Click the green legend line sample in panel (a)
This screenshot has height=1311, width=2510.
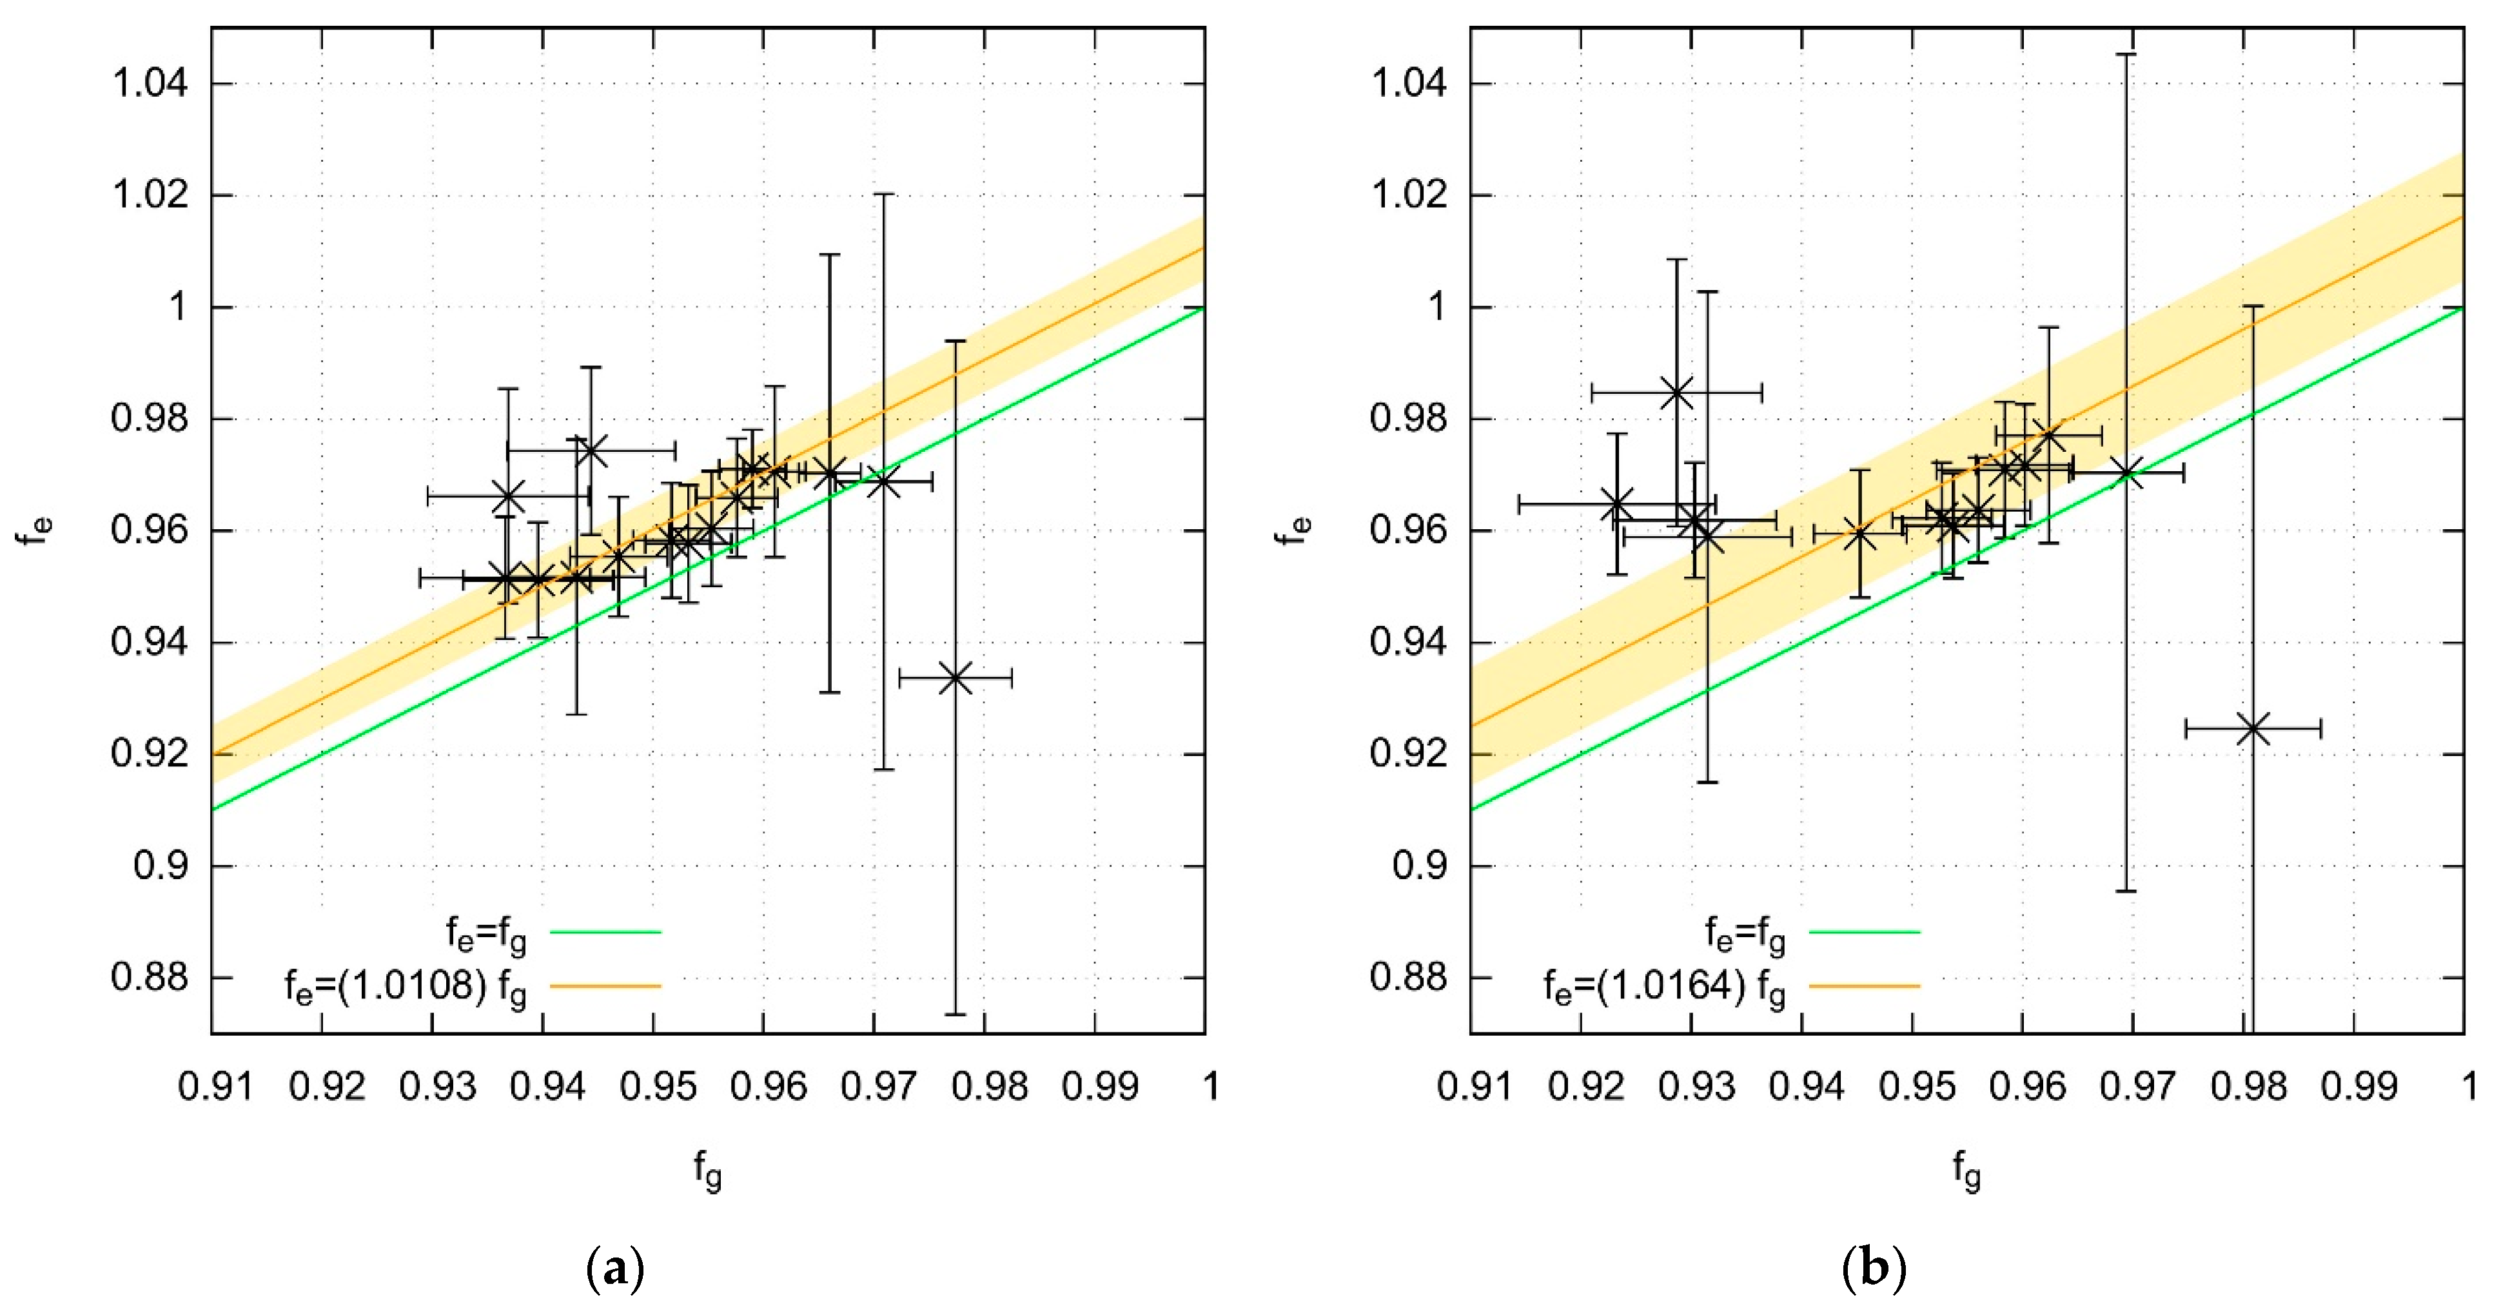(x=606, y=932)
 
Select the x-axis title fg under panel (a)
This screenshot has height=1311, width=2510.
(x=709, y=1169)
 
